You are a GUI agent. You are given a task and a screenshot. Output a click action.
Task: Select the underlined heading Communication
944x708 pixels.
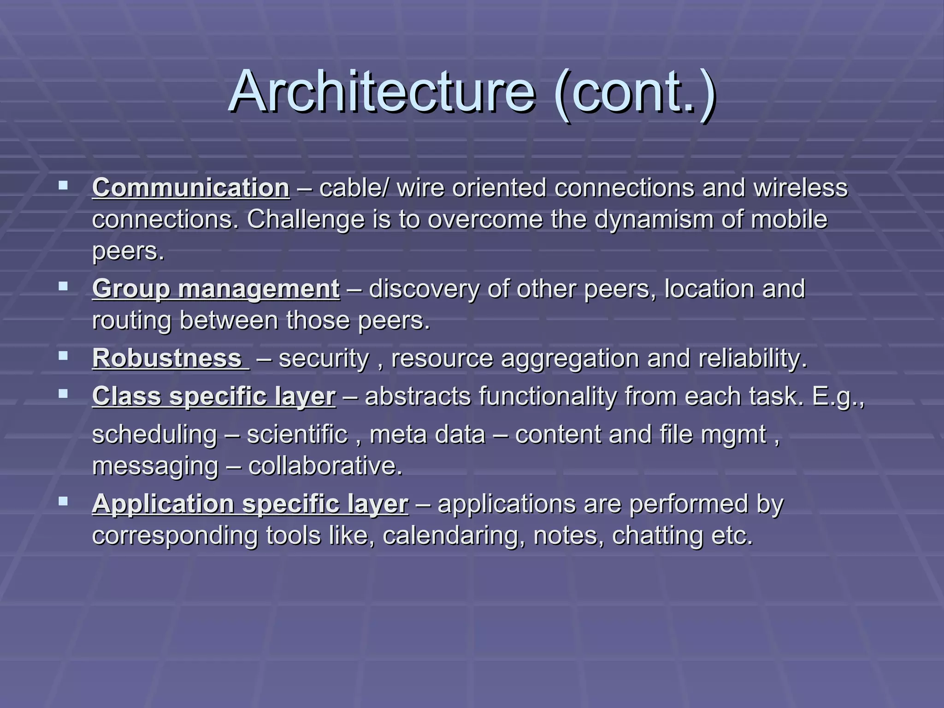tap(191, 188)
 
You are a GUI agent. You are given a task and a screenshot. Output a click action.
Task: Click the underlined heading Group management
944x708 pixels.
tap(216, 289)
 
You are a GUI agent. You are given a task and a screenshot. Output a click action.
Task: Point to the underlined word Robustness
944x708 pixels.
tap(167, 358)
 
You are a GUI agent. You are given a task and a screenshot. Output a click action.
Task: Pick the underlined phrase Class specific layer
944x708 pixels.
tap(214, 396)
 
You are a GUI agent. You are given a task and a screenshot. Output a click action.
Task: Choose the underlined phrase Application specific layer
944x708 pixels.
tap(250, 503)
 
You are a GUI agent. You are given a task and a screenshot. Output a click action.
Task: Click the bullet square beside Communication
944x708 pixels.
tap(63, 186)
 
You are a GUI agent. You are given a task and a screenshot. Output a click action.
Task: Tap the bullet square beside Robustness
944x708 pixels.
tap(63, 356)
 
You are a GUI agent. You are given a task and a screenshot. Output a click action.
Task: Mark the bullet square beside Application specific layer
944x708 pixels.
tap(63, 501)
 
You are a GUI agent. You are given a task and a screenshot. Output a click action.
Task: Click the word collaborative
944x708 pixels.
tap(325, 466)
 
